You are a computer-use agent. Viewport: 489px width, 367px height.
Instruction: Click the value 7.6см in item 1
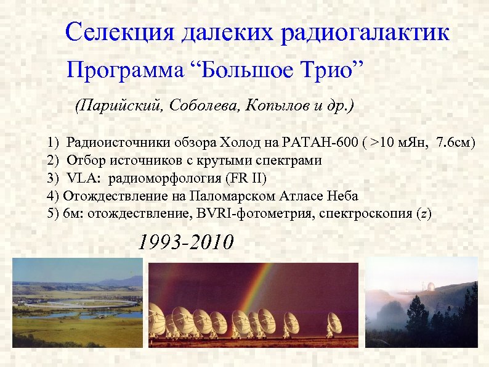pyautogui.click(x=455, y=144)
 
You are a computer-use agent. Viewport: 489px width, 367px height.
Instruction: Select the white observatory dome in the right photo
pyautogui.click(x=430, y=287)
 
